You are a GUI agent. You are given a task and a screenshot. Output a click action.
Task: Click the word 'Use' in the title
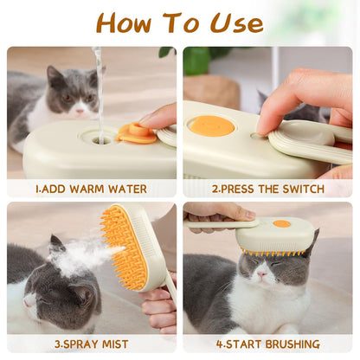click(237, 22)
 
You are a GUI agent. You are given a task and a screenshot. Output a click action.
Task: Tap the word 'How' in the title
click(124, 22)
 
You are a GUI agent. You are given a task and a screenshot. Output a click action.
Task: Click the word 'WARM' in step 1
click(87, 190)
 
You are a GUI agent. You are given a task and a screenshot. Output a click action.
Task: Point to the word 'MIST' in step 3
click(115, 344)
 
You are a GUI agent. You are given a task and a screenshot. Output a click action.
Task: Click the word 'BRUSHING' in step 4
click(292, 344)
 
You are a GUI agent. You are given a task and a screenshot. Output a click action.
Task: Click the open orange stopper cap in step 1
click(136, 133)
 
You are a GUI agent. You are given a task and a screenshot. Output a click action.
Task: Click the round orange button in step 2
click(212, 126)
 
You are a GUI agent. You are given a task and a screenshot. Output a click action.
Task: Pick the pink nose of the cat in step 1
click(80, 111)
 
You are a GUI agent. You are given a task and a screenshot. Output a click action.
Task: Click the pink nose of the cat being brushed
click(261, 274)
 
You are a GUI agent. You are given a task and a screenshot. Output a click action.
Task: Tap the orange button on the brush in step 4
click(281, 223)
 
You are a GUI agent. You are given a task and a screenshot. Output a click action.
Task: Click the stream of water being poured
click(100, 95)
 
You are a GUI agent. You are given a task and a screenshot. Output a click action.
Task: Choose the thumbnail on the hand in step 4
click(250, 215)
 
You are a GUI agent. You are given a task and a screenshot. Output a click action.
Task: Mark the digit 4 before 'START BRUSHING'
click(220, 344)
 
